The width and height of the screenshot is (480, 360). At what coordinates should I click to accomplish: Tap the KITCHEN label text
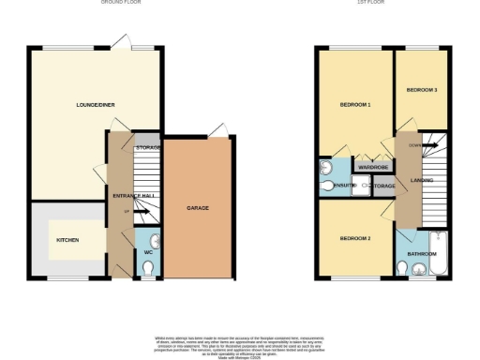[67, 240]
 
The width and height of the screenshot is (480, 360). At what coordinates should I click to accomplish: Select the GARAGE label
[197, 207]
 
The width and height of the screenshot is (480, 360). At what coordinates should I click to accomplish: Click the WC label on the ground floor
[148, 253]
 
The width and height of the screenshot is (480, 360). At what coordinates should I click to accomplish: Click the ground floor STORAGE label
[148, 148]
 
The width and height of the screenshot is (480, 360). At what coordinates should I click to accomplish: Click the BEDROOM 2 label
[355, 239]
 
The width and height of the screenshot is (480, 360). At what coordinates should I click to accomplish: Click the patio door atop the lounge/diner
[118, 42]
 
